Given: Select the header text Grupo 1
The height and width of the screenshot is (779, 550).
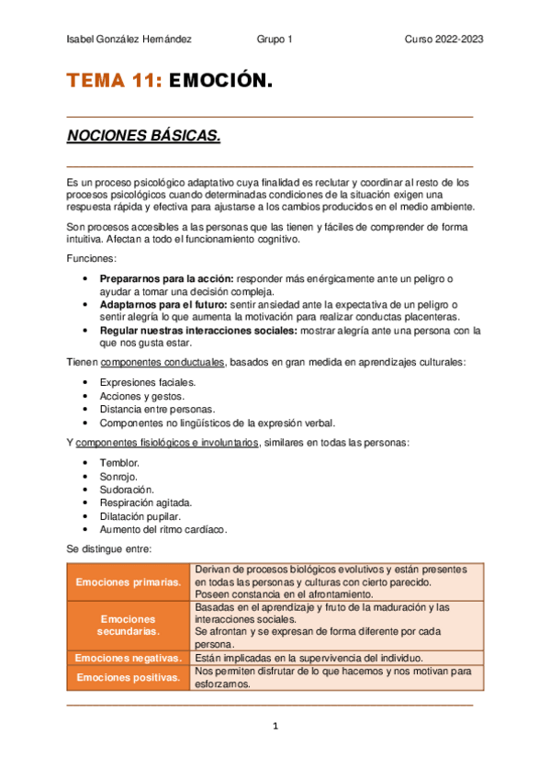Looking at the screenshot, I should pos(275,40).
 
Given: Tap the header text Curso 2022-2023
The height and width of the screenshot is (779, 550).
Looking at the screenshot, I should pos(444,40).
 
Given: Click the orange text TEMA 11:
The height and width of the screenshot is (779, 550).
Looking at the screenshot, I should pos(114,83).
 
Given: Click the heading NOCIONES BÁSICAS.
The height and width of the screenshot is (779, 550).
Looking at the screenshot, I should pos(143,137).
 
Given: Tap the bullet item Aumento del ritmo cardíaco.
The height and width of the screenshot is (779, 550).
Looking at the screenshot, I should pos(163,530).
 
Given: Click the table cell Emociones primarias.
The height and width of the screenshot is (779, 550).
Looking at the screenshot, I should pos(128,582).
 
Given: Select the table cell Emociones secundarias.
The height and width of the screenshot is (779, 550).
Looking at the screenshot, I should pos(128,626).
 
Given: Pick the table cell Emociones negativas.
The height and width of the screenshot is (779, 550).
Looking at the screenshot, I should pos(128,658).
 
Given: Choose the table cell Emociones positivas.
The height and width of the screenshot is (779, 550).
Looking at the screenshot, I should pos(128,678).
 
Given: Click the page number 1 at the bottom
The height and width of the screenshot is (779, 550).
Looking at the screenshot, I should pos(275,726).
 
